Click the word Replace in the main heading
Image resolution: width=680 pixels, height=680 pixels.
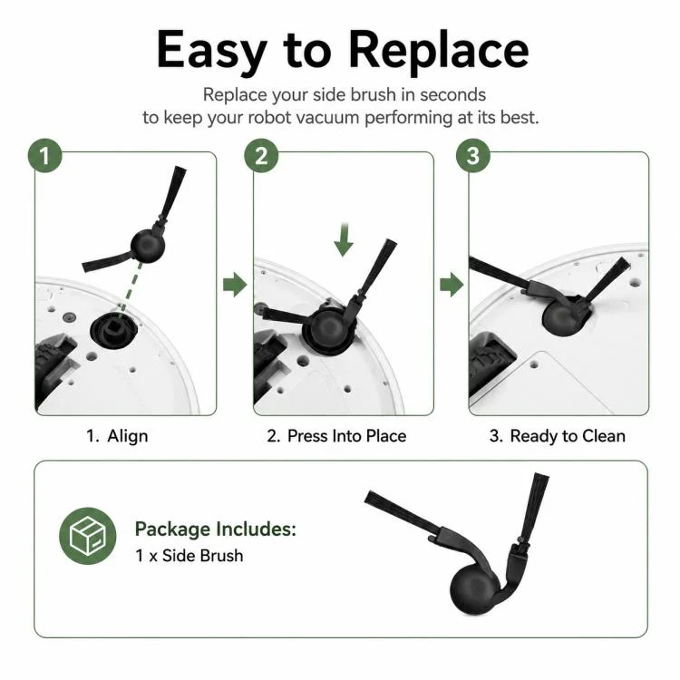click(x=439, y=51)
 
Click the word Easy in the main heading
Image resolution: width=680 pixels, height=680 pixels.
click(x=211, y=51)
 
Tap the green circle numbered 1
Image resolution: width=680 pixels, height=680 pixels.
click(x=45, y=156)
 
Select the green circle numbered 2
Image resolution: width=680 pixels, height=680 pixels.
click(x=261, y=156)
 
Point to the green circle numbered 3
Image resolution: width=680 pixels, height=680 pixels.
click(x=473, y=156)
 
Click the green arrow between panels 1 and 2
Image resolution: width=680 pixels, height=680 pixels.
click(x=235, y=285)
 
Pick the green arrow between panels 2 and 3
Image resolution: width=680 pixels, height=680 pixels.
click(x=452, y=285)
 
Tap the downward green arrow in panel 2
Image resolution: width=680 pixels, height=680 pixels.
click(x=344, y=239)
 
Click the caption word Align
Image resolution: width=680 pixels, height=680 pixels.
click(x=128, y=436)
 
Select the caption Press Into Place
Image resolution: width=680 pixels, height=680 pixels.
click(x=347, y=436)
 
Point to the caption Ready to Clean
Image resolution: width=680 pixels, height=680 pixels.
click(x=568, y=436)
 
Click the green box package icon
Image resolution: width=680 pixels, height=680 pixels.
click(x=88, y=536)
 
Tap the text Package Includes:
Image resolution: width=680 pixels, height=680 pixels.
click(x=216, y=529)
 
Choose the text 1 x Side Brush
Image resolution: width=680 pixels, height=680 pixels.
click(x=189, y=556)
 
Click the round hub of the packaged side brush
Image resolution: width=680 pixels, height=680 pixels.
click(x=472, y=590)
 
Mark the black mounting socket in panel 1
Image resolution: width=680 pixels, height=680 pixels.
click(x=113, y=330)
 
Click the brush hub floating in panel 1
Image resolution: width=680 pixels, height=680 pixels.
click(x=148, y=246)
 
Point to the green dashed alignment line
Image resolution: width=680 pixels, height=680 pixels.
click(x=131, y=287)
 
